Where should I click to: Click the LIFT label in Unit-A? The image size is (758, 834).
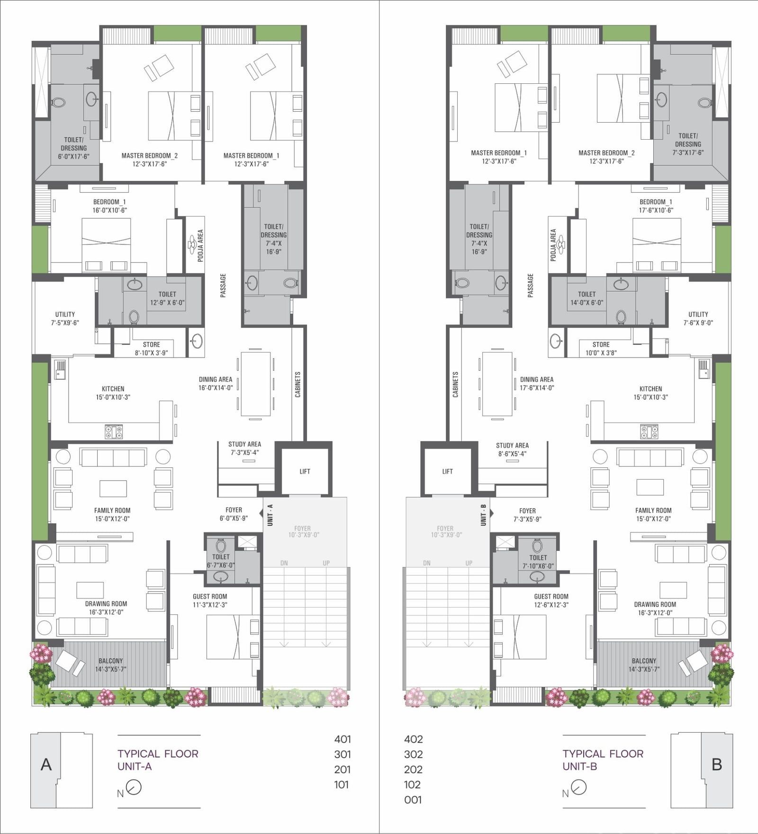click(305, 471)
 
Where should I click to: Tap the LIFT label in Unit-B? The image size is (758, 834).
click(447, 471)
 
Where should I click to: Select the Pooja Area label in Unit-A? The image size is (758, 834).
click(200, 245)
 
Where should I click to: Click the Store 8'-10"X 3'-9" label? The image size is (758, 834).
click(151, 349)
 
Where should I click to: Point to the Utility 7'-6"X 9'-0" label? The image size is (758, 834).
click(698, 318)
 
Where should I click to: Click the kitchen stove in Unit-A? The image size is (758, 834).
click(114, 431)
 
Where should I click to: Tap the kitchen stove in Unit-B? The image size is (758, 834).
click(649, 431)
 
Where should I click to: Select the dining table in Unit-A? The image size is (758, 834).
click(256, 384)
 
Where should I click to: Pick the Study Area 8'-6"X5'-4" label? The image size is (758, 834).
click(512, 449)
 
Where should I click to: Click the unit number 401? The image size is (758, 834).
click(342, 739)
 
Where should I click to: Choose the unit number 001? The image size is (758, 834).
click(413, 799)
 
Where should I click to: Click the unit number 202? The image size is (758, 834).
click(413, 769)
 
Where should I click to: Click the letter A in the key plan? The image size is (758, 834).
click(46, 764)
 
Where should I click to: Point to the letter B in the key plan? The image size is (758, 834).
click(717, 764)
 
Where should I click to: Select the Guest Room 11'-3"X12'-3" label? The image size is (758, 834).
click(210, 601)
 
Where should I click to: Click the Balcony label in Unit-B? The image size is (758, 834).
click(644, 661)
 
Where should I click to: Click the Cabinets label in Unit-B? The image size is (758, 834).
click(455, 384)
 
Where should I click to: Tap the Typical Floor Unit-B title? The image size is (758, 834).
click(603, 760)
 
